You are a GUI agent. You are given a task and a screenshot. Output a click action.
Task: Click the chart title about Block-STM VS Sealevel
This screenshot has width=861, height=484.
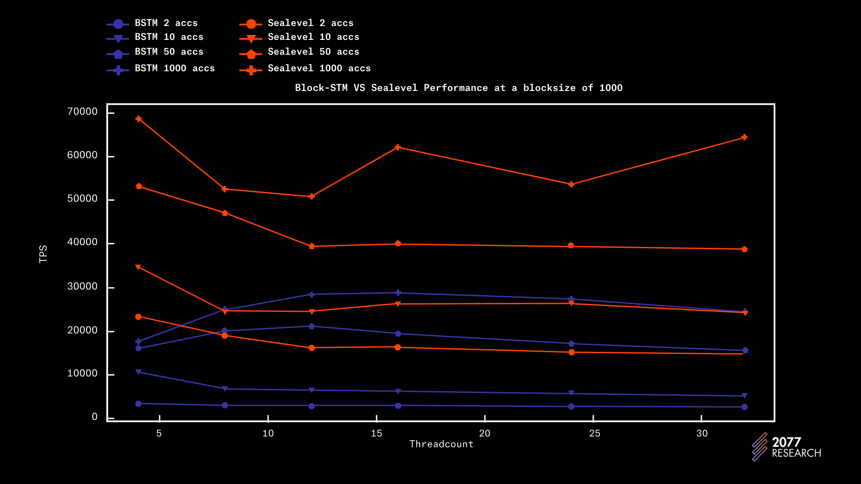(458, 88)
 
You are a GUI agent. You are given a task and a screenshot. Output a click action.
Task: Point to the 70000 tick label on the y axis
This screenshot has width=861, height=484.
(82, 112)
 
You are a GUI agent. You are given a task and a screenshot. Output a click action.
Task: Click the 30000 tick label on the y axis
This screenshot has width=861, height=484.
(82, 286)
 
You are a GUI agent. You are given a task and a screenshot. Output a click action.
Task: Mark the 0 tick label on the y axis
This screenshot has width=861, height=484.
(95, 417)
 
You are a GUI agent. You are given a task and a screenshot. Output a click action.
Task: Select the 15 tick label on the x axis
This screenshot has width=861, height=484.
(376, 433)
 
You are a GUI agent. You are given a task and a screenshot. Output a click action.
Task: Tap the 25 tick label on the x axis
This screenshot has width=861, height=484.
(595, 433)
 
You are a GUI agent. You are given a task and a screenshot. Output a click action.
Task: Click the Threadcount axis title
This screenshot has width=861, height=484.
(441, 444)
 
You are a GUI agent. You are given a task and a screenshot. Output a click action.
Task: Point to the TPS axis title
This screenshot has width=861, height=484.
(43, 254)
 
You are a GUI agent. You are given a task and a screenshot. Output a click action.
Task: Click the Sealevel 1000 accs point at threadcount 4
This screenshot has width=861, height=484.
(139, 119)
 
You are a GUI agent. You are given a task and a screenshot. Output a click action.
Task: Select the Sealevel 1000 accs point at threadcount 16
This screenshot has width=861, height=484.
(398, 147)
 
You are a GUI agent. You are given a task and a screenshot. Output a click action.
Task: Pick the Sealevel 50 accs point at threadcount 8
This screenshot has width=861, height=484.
(225, 213)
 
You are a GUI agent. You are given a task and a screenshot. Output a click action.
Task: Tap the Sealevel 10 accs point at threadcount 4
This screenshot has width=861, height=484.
(138, 267)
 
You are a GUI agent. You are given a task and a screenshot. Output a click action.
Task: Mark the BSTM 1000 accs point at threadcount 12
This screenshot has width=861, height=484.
(312, 294)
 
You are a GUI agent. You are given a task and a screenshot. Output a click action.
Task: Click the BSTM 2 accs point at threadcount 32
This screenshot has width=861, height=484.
(744, 407)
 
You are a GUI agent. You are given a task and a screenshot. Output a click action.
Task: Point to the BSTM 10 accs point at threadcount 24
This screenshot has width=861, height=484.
(571, 393)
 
